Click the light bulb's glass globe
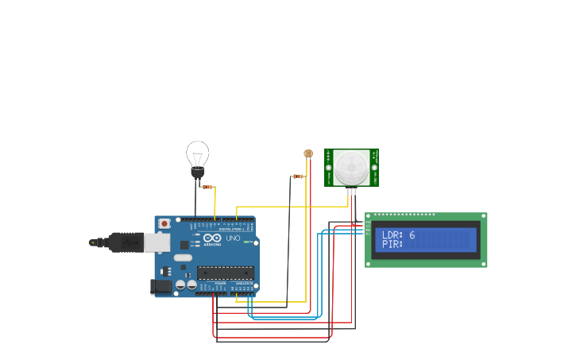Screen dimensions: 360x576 tap(197, 153)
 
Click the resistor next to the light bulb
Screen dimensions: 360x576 tap(207, 187)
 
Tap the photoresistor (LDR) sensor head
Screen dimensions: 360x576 tap(308, 153)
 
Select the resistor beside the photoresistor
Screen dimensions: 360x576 tap(298, 176)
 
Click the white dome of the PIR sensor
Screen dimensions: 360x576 tap(350, 166)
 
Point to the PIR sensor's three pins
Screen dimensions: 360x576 tap(351, 191)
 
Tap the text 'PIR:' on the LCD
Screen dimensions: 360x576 tap(392, 244)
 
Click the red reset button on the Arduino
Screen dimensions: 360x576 tap(164, 224)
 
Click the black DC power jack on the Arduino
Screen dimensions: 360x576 tap(160, 286)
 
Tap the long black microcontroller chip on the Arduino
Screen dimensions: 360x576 tap(226, 273)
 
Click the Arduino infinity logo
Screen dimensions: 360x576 tap(212, 238)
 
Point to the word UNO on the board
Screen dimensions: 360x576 tap(233, 238)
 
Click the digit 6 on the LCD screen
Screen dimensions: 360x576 tap(412, 235)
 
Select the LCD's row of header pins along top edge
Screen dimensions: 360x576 tap(404, 215)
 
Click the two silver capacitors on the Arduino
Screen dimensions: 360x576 tap(186, 285)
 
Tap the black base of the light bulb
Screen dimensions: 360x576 tap(197, 172)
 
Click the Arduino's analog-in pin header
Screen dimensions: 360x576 tap(243, 292)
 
